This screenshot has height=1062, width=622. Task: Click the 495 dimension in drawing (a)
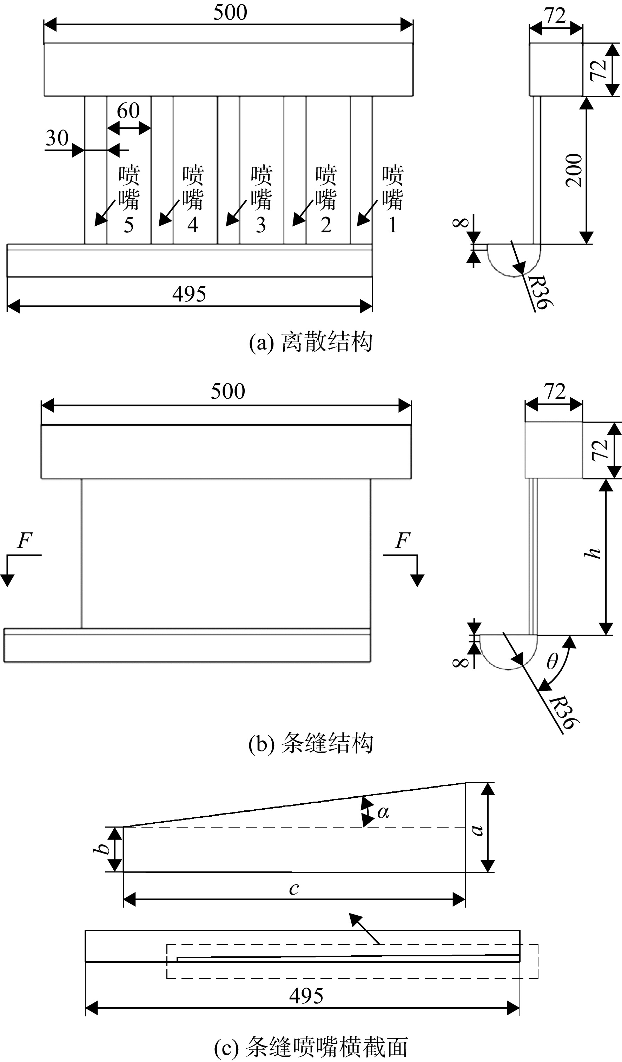[189, 294]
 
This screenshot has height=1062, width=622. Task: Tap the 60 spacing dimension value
[128, 111]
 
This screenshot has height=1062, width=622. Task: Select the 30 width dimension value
[57, 138]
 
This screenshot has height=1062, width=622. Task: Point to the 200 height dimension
[574, 170]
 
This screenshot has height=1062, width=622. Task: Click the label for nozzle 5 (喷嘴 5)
[128, 199]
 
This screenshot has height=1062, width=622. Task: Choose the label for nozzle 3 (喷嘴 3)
[261, 199]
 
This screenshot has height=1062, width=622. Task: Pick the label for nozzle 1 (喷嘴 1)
[392, 199]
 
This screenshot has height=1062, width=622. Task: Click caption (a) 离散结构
[311, 342]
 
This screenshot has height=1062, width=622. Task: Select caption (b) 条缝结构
[311, 743]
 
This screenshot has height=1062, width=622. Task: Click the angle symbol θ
[552, 662]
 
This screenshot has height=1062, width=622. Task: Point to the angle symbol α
[383, 811]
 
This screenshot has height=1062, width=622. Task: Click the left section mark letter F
[25, 540]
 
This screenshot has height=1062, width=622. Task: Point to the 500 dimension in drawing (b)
[227, 391]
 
